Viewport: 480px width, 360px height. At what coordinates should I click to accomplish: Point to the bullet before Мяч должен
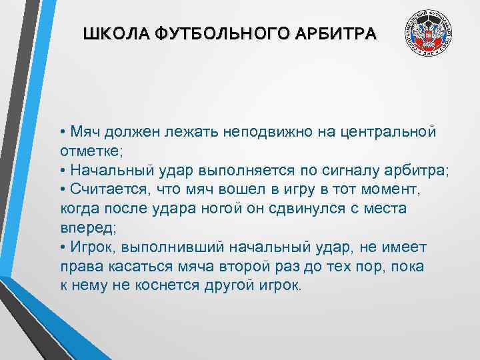[62, 133]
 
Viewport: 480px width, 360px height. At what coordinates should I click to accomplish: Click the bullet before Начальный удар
[62, 171]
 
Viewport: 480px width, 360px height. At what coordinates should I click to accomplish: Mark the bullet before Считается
[62, 190]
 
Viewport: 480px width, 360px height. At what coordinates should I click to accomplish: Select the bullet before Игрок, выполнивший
[62, 248]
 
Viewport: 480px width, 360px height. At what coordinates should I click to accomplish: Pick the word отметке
[89, 151]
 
